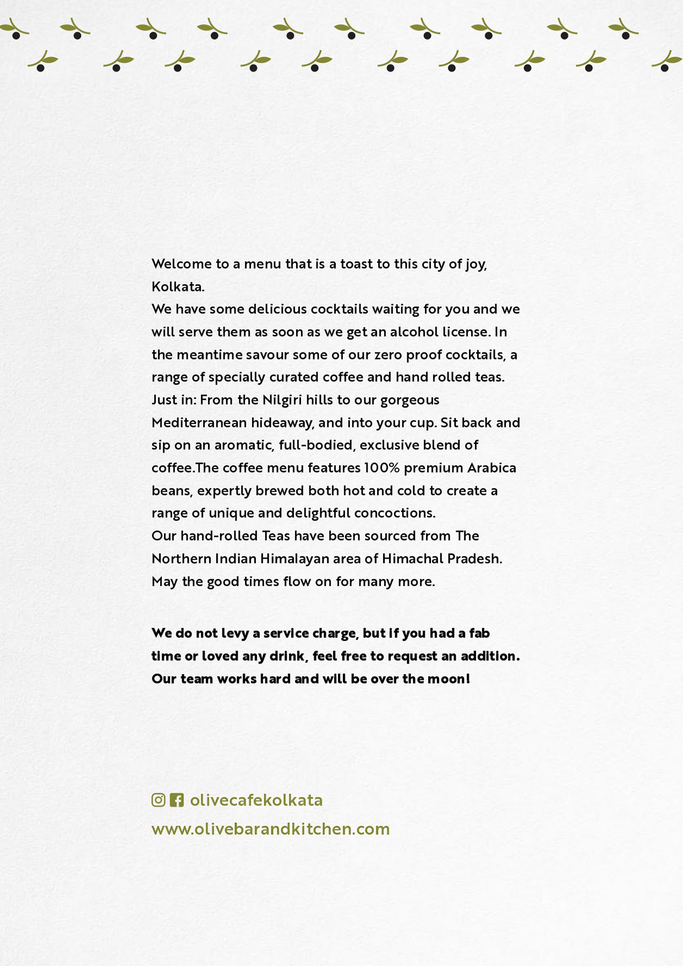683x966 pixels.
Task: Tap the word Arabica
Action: [491, 468]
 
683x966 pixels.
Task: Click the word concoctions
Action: [395, 513]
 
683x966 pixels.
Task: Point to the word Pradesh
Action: [474, 559]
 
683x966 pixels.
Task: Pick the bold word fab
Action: [479, 633]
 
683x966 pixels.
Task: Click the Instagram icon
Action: [159, 800]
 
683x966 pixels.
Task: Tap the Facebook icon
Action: [177, 800]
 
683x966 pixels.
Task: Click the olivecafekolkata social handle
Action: [256, 800]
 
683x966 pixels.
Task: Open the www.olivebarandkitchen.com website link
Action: [270, 829]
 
